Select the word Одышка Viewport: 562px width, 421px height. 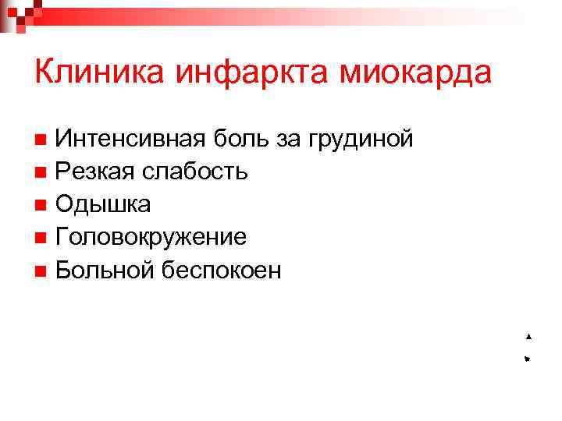pyautogui.click(x=103, y=205)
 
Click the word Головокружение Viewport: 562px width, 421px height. pyautogui.click(x=151, y=238)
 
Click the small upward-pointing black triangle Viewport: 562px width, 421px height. pyautogui.click(x=528, y=336)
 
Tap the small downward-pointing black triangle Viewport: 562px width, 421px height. pyautogui.click(x=528, y=359)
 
